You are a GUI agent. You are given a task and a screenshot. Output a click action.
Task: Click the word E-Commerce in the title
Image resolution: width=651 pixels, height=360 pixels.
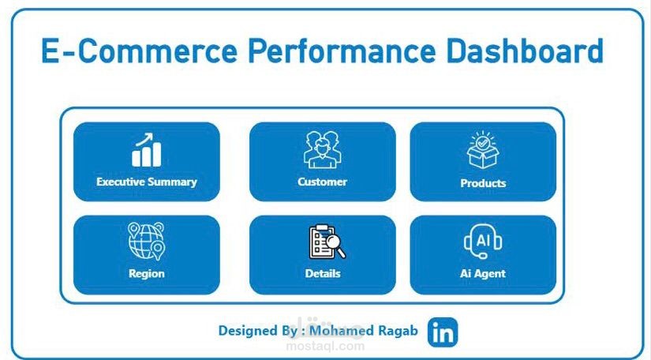(x=139, y=51)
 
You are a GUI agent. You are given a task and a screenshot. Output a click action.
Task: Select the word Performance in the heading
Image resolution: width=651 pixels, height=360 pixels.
(x=342, y=51)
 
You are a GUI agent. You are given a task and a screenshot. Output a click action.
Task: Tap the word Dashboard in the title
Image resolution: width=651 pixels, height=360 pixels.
(x=525, y=51)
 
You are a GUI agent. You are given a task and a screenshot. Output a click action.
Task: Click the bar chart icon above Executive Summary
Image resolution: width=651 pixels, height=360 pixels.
(x=146, y=150)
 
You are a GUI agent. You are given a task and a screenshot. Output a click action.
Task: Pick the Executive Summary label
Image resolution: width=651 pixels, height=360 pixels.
(x=147, y=182)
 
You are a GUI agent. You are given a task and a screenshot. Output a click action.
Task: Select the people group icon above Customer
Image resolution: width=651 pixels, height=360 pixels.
(x=322, y=150)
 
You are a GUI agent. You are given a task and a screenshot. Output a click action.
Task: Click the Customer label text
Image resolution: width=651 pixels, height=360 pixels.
(x=322, y=182)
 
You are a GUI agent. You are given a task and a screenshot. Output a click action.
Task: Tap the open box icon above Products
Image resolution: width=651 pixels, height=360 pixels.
(x=483, y=150)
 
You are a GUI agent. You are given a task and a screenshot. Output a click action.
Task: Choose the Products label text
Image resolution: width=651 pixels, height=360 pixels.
(x=483, y=183)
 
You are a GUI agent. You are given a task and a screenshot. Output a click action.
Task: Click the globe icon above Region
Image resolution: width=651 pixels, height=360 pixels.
(x=146, y=242)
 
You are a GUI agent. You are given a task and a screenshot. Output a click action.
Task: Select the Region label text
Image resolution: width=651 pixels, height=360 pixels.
(x=147, y=274)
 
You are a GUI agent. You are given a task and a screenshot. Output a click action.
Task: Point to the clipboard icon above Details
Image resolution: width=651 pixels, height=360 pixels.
(x=327, y=242)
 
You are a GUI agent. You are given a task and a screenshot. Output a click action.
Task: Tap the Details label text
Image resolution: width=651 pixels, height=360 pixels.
(x=323, y=274)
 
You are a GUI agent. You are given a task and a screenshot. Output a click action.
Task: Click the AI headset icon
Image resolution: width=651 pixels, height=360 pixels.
(x=483, y=242)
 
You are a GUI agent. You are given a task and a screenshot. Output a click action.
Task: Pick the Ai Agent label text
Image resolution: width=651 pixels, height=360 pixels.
(x=483, y=274)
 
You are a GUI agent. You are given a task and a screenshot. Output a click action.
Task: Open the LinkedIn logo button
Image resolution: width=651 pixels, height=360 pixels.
(x=443, y=332)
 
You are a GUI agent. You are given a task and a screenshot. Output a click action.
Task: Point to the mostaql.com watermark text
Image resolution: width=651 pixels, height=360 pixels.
(x=326, y=346)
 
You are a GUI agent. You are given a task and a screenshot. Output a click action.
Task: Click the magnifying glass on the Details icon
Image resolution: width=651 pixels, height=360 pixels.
(x=335, y=246)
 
